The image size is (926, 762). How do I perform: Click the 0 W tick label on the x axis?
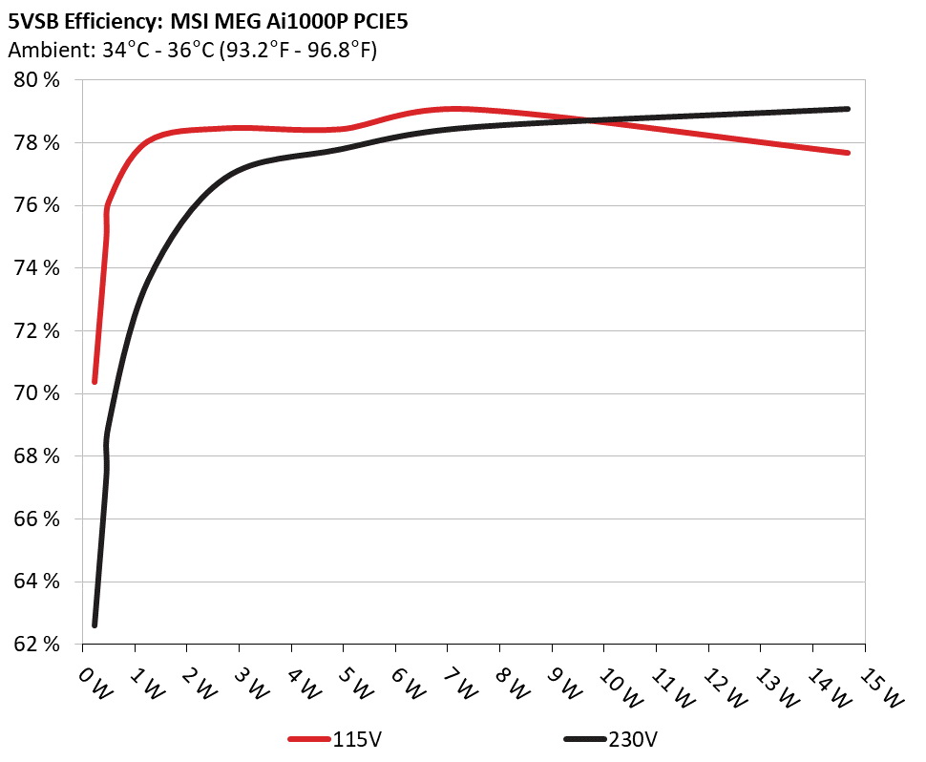click(x=93, y=684)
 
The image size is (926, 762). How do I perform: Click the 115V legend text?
click(x=359, y=739)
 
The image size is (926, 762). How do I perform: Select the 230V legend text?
click(x=632, y=739)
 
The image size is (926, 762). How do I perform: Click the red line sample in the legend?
click(x=309, y=739)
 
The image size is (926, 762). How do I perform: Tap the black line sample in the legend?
click(x=584, y=739)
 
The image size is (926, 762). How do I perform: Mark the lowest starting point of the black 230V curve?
click(x=95, y=624)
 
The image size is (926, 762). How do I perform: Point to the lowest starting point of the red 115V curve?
click(x=95, y=382)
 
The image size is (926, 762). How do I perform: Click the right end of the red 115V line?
click(x=848, y=153)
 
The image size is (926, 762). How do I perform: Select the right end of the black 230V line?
click(x=848, y=109)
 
